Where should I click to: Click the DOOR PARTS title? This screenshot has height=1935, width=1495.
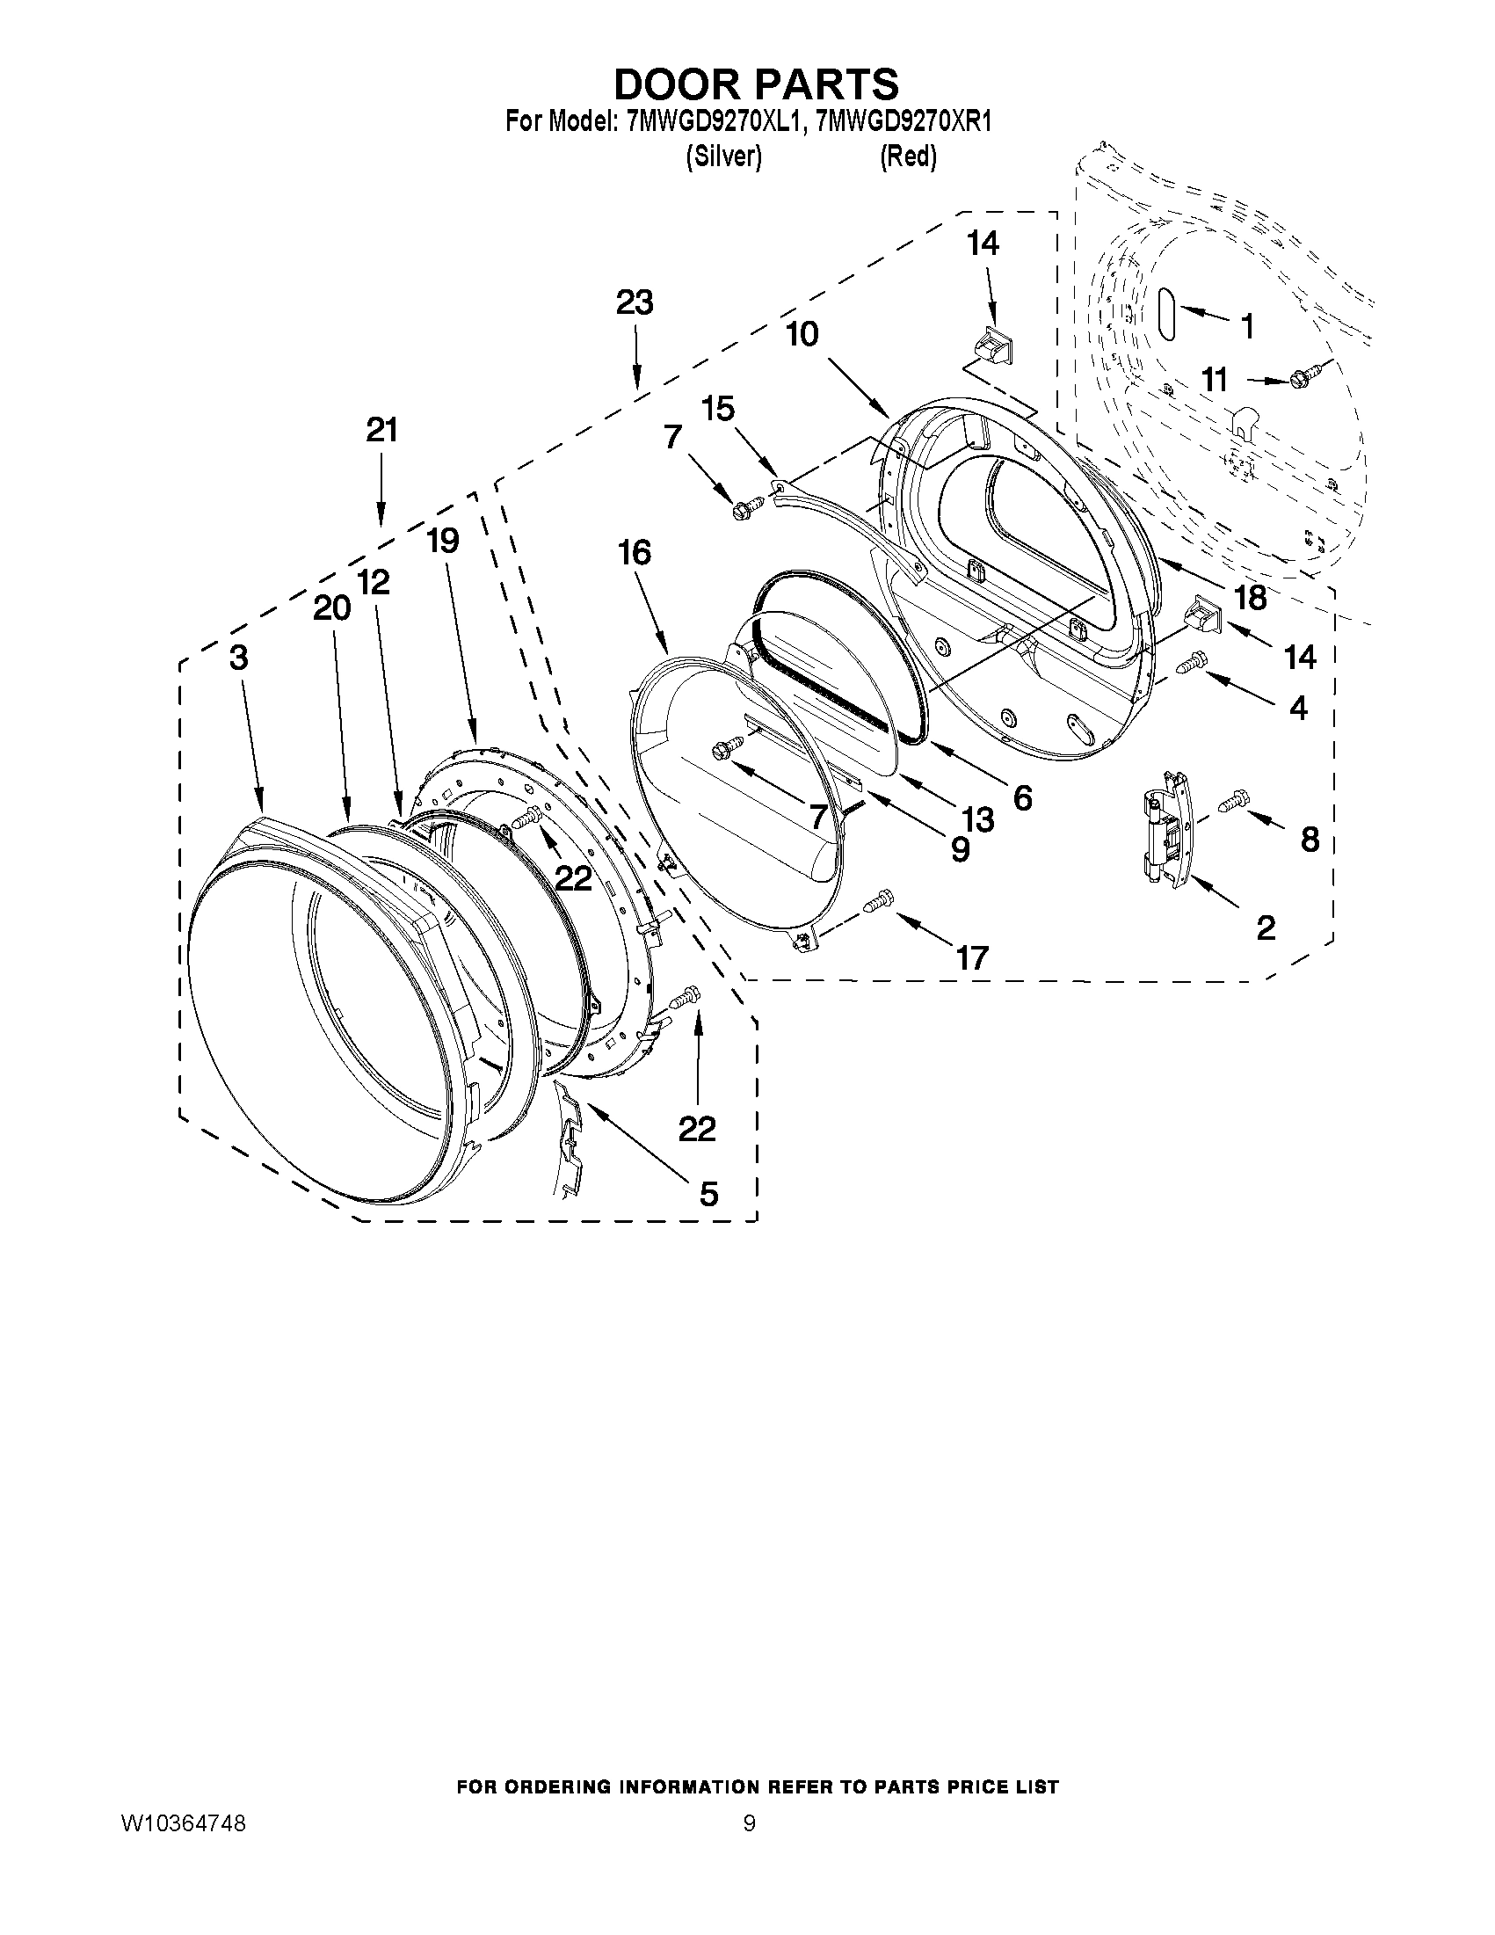[756, 84]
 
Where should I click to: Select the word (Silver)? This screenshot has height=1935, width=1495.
[723, 156]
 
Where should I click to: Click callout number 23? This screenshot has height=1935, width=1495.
[635, 303]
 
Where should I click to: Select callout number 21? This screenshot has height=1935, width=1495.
[381, 431]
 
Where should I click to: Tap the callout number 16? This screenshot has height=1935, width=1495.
[635, 553]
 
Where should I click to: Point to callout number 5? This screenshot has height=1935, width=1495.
[708, 1194]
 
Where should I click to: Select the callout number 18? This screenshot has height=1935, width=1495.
[1250, 597]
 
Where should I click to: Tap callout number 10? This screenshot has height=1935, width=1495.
[802, 335]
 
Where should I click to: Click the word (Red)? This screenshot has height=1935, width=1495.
[908, 156]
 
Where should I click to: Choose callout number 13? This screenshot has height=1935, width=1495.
[978, 819]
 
